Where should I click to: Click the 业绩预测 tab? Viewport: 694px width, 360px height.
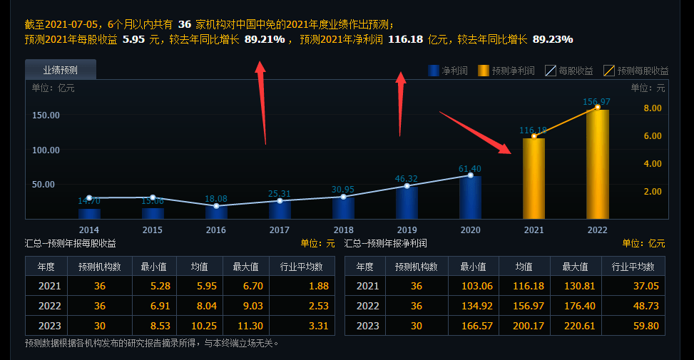[60, 70]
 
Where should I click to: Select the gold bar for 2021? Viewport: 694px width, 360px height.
[534, 178]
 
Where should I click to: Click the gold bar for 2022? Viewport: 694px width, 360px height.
[597, 164]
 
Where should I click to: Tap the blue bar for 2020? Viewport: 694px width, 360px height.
[470, 197]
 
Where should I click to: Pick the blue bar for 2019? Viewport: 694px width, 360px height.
[407, 202]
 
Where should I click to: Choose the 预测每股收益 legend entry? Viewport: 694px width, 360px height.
[636, 71]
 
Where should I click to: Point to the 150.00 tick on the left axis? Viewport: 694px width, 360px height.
[46, 115]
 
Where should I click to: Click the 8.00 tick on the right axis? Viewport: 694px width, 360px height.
[653, 108]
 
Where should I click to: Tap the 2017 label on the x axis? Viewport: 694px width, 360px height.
[280, 230]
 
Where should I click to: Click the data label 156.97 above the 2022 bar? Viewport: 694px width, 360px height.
[596, 102]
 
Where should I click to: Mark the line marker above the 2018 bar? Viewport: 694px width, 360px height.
[343, 197]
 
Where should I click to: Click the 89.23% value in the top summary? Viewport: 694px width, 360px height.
[553, 39]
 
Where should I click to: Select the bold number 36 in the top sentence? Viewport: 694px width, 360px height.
[184, 24]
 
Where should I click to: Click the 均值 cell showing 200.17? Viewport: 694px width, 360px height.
[529, 326]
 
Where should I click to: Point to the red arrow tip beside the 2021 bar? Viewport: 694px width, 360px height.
[510, 152]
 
